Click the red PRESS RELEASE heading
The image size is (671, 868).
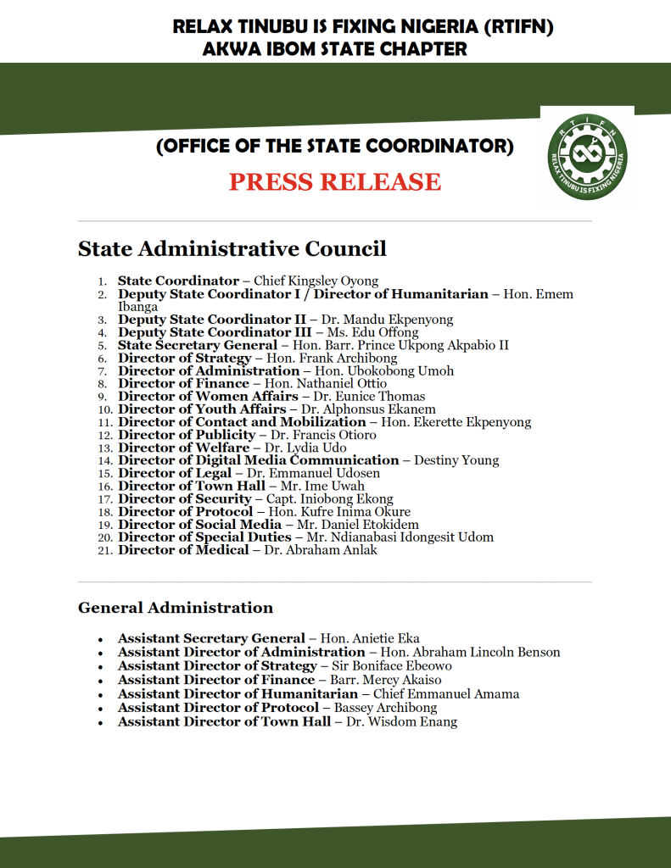335,181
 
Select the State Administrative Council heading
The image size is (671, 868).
232,248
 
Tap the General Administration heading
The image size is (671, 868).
176,608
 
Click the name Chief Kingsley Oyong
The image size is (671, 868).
316,281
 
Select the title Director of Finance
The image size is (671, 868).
183,383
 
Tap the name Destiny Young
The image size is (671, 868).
456,460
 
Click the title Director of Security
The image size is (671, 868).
184,499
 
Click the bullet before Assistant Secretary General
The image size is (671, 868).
100,639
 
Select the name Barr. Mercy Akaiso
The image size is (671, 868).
387,680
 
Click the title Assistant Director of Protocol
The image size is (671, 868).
218,708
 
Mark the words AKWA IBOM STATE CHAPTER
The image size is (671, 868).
335,49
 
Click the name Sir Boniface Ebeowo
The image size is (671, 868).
391,666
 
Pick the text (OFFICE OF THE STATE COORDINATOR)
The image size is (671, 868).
335,147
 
